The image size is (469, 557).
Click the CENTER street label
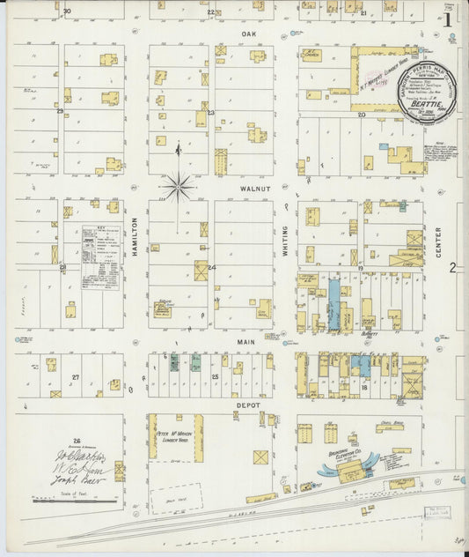pyautogui.click(x=438, y=241)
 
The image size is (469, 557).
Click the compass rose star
pyautogui.click(x=178, y=186)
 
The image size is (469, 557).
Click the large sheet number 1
pyautogui.click(x=449, y=18)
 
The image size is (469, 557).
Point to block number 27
pyautogui.click(x=77, y=377)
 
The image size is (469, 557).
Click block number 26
pyautogui.click(x=77, y=441)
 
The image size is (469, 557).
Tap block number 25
pyautogui.click(x=216, y=376)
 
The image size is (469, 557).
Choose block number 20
pyautogui.click(x=361, y=115)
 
